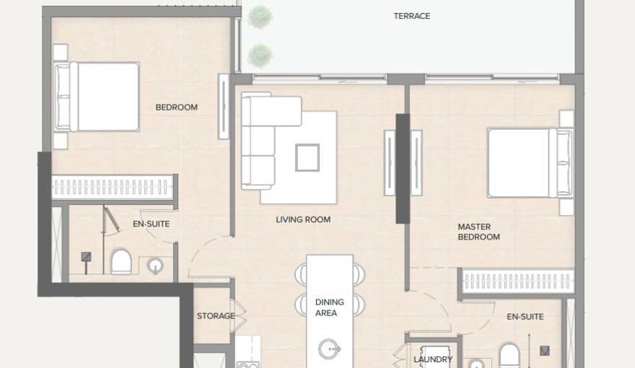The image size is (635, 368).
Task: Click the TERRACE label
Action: pos(411,16)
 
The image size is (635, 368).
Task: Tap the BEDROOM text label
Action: pos(176,108)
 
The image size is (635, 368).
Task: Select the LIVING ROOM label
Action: pos(303,219)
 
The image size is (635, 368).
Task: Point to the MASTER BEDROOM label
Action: pos(478,232)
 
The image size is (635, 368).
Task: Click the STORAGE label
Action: pos(216,316)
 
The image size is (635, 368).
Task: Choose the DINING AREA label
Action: pos(329,307)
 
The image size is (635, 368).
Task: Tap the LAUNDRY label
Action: pos(433,359)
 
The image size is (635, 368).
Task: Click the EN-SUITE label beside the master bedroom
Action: pos(525,317)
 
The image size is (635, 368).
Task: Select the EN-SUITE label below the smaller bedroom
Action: pos(151,224)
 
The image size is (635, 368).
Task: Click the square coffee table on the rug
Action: pos(307,157)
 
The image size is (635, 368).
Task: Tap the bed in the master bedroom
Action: pos(527,162)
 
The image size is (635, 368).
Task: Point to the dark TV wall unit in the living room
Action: pos(403,168)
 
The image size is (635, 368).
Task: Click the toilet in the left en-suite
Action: pos(121,261)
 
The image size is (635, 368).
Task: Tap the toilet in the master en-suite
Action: pos(509,356)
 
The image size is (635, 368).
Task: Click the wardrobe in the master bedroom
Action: pos(517,281)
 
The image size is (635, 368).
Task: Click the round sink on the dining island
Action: pos(329,350)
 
